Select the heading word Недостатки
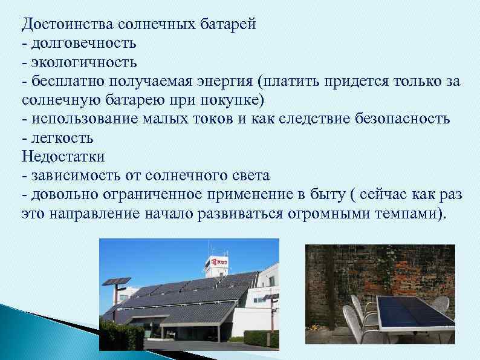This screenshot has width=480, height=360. tap(63, 156)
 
